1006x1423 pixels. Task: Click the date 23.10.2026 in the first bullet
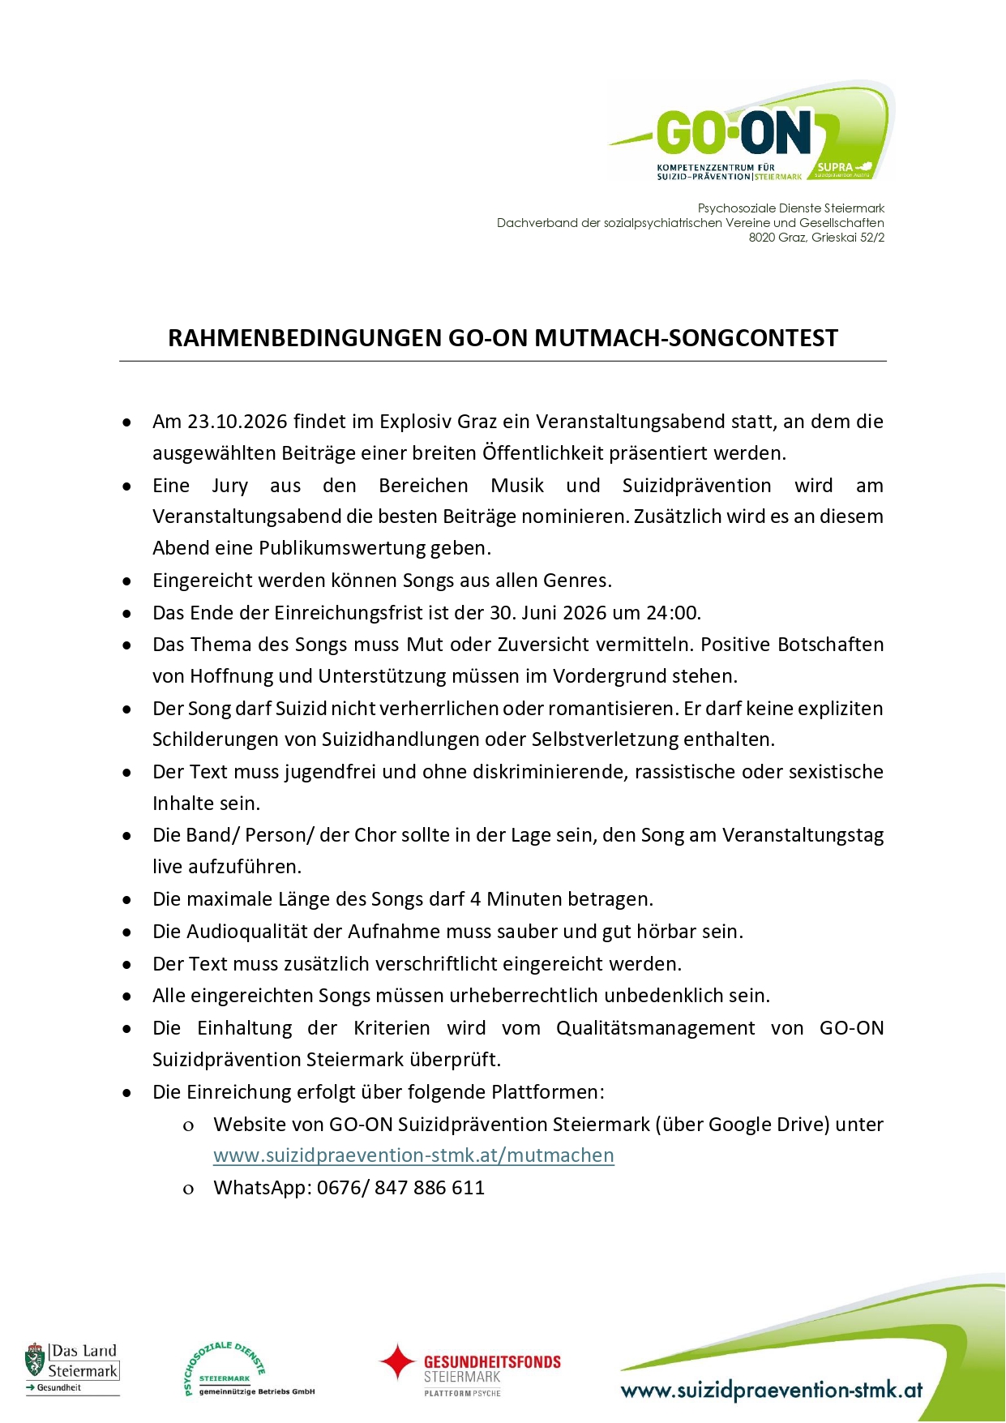pyautogui.click(x=238, y=422)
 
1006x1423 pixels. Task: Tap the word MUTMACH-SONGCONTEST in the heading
pyautogui.click(x=686, y=338)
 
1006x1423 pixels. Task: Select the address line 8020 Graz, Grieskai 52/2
pyautogui.click(x=816, y=238)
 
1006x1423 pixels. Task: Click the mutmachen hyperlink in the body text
pyautogui.click(x=413, y=1155)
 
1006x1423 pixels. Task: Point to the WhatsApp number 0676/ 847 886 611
pyautogui.click(x=400, y=1188)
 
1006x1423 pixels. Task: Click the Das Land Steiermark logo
pyautogui.click(x=73, y=1369)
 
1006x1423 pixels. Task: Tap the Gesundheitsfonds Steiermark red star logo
pyautogui.click(x=397, y=1362)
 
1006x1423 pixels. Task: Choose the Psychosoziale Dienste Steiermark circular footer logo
pyautogui.click(x=225, y=1369)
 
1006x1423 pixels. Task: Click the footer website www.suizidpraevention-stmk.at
pyautogui.click(x=772, y=1391)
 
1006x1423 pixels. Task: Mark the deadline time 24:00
pyautogui.click(x=673, y=613)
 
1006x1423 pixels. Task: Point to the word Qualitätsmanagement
pyautogui.click(x=655, y=1028)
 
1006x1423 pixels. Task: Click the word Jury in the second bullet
pyautogui.click(x=229, y=486)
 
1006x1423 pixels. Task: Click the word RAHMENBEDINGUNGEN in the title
pyautogui.click(x=305, y=338)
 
